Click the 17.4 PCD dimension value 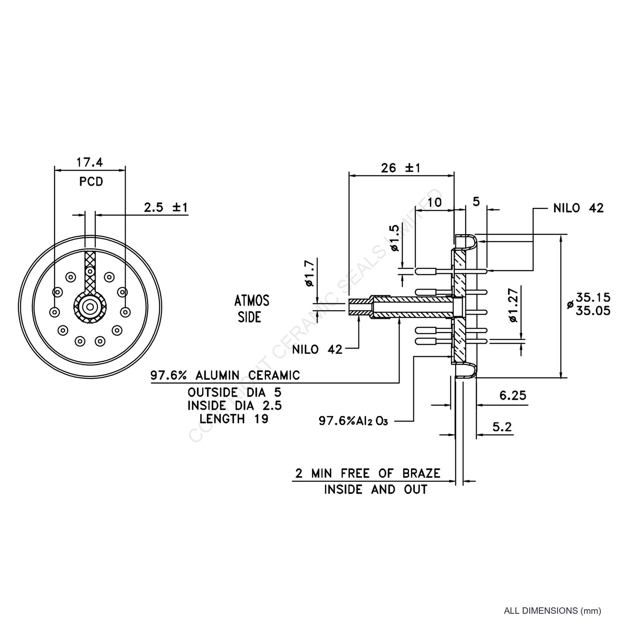click(x=89, y=162)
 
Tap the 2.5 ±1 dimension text click(x=166, y=207)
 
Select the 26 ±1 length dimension click(x=400, y=168)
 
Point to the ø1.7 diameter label click(x=310, y=274)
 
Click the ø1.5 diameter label click(x=395, y=238)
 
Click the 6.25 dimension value click(x=513, y=396)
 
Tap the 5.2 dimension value click(x=502, y=427)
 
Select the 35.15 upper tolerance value click(x=593, y=297)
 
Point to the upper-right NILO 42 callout click(x=579, y=208)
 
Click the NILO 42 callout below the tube click(x=317, y=350)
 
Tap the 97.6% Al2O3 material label click(x=354, y=421)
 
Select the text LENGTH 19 click(x=234, y=419)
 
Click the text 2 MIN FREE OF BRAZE click(x=368, y=474)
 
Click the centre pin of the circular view click(x=90, y=306)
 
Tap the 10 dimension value click(x=435, y=202)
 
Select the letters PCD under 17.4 click(x=91, y=182)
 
